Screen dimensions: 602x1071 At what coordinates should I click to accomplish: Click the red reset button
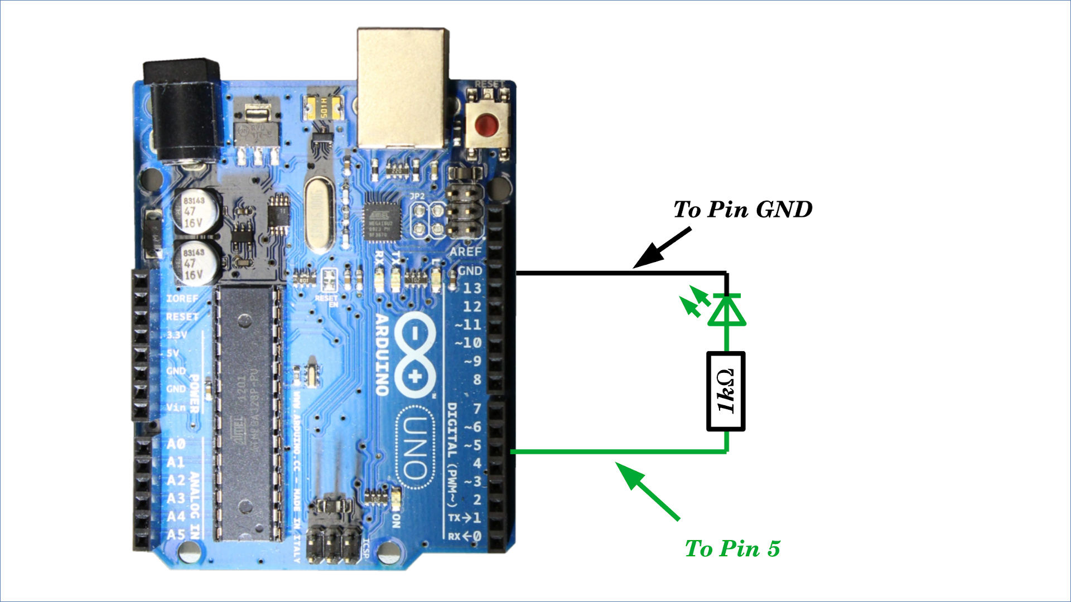coord(488,124)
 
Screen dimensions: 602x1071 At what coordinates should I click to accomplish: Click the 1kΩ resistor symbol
coord(726,391)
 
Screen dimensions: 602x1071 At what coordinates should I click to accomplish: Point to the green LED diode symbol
coord(726,310)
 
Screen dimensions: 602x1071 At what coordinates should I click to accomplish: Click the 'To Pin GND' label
coord(742,210)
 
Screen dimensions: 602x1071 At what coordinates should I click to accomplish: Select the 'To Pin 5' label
coord(732,549)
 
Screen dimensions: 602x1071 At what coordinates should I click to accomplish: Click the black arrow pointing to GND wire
coord(663,247)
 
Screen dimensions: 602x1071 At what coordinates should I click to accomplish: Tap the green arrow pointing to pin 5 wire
coord(648,491)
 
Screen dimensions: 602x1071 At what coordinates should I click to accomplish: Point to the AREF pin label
coord(466,251)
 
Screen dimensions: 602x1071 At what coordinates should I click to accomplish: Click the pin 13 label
coord(471,288)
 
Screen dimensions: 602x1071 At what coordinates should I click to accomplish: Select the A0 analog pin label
coord(176,444)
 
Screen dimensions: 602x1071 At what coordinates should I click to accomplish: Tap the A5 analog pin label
coord(176,535)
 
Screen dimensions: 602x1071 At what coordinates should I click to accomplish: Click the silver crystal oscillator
coord(320,214)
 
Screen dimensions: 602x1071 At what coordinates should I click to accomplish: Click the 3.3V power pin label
coord(177,335)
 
